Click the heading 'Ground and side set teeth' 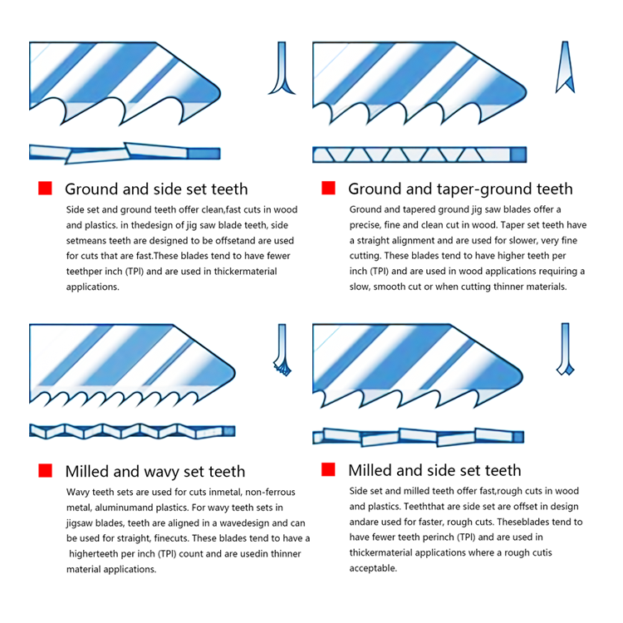(x=156, y=189)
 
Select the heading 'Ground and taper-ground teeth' (x=460, y=189)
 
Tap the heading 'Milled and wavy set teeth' (x=155, y=471)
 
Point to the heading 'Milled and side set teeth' (x=434, y=470)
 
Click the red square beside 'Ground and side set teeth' (x=46, y=188)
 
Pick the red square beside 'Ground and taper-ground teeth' (x=328, y=188)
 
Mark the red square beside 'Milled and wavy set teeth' (x=46, y=470)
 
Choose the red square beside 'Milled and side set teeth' (x=328, y=469)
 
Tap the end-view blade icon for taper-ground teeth (x=565, y=66)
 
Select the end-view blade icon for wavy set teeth (x=282, y=351)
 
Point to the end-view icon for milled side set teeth (x=565, y=349)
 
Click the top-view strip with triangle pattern (x=419, y=155)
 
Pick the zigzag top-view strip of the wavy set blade (x=132, y=431)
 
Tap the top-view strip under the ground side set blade (x=125, y=153)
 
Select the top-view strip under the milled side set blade (x=419, y=437)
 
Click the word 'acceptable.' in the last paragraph (x=373, y=568)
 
